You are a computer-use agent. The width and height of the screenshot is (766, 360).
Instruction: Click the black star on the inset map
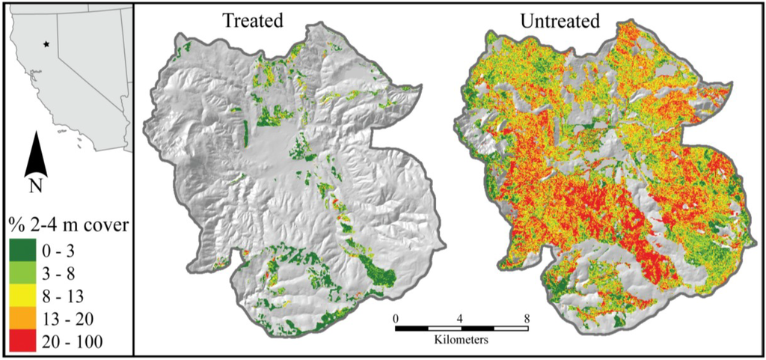pos(47,44)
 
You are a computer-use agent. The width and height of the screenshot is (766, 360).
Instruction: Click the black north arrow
pos(36,156)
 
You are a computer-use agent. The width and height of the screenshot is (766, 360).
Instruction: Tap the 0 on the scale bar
pos(395,317)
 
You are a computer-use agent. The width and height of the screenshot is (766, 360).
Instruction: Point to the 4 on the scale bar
pos(461,317)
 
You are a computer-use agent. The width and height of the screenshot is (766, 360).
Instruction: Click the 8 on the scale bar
pos(527,317)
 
